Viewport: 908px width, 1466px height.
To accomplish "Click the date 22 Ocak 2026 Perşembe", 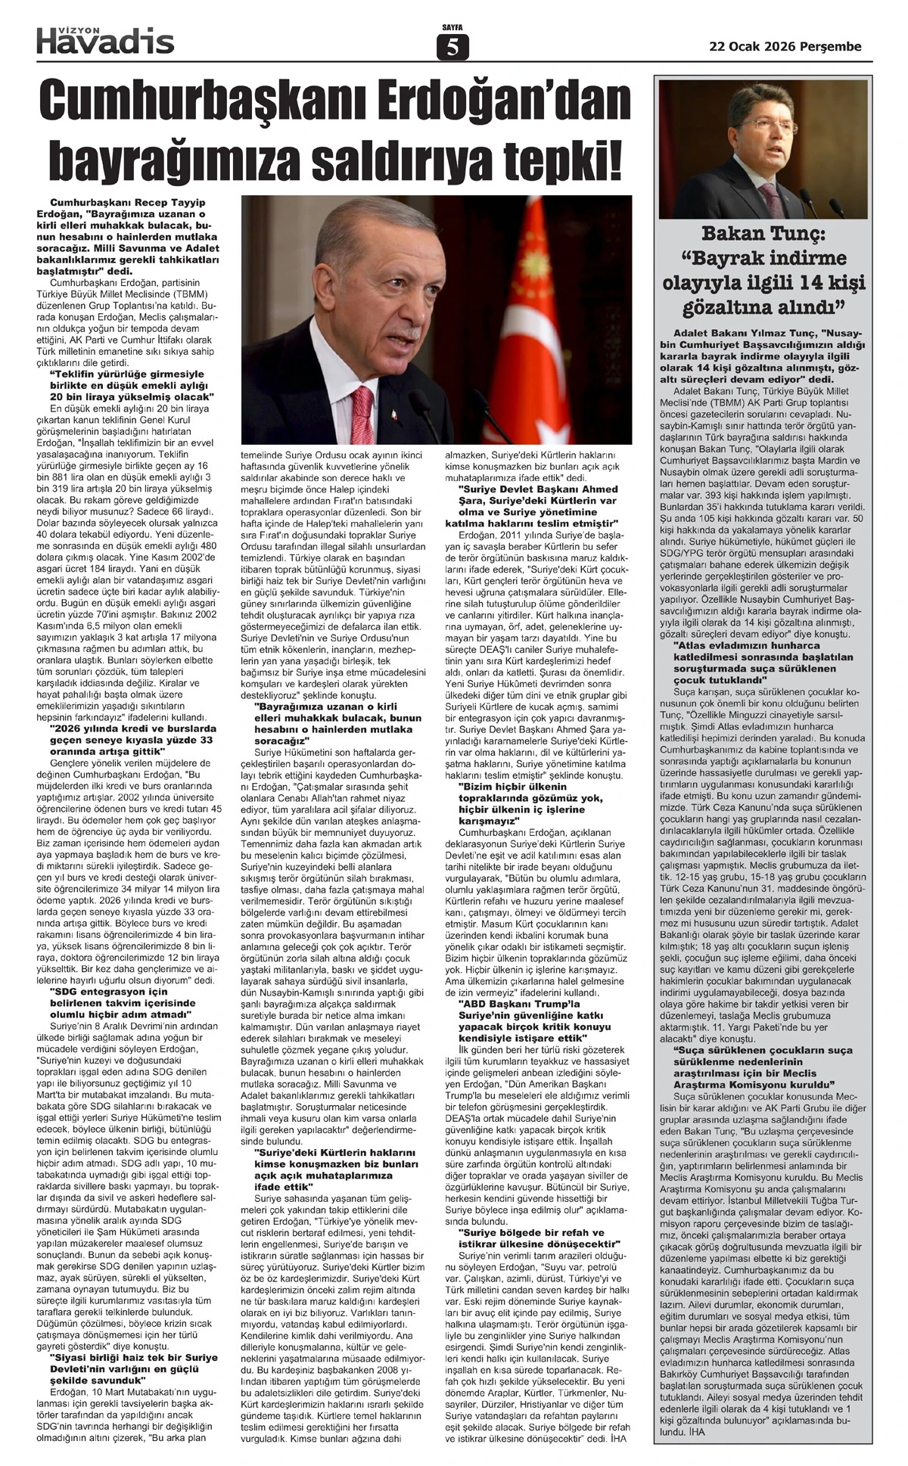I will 785,46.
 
